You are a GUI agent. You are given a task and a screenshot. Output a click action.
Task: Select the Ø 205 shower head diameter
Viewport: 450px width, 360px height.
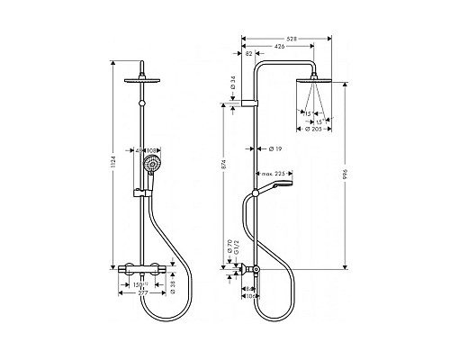click(315, 130)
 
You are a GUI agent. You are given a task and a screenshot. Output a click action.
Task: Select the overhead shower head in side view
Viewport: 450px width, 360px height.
click(315, 83)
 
